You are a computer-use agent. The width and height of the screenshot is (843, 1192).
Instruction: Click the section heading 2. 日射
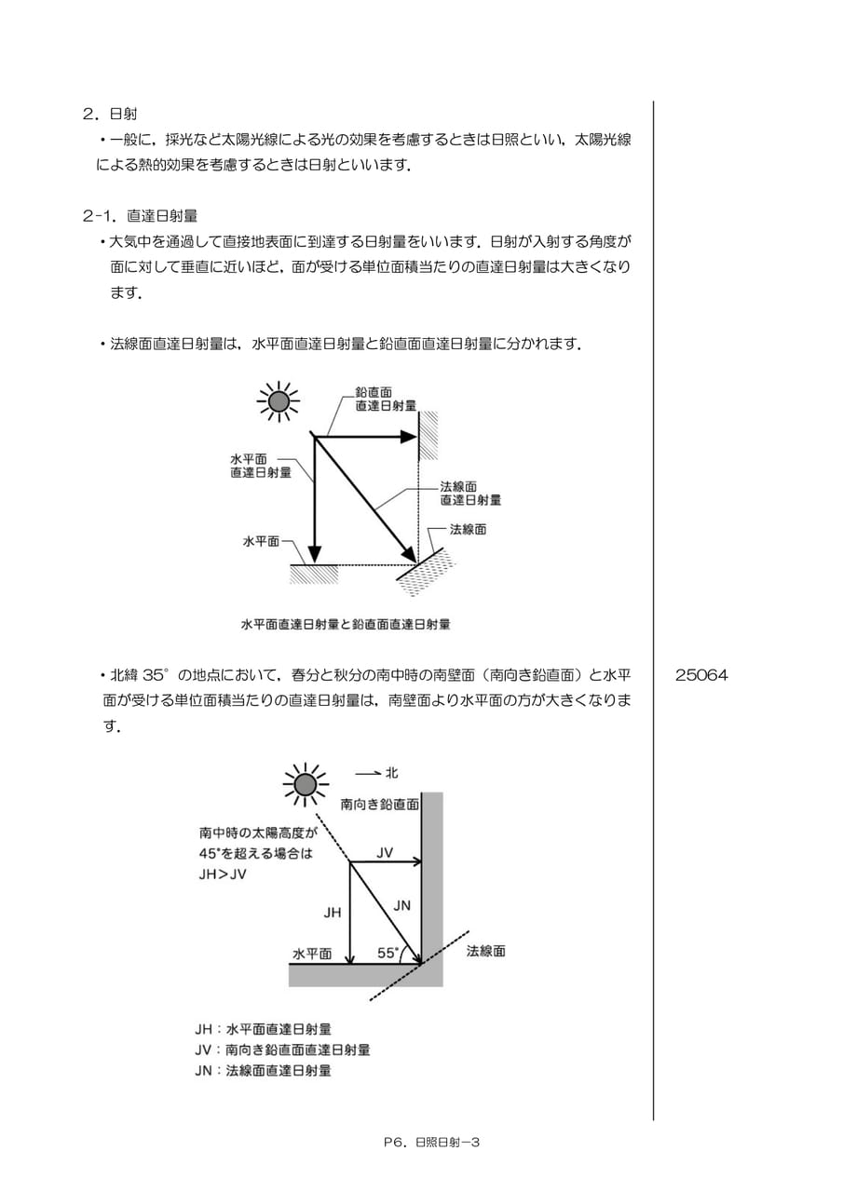pos(110,114)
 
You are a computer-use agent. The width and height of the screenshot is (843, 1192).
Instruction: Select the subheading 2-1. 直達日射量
pos(140,215)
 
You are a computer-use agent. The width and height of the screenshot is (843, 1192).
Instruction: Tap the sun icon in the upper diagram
pos(279,401)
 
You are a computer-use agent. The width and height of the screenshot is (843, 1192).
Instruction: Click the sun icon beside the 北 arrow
pos(306,784)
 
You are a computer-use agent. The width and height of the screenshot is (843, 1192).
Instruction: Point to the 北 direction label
pos(392,773)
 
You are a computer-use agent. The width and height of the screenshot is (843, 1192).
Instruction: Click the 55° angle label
pos(388,953)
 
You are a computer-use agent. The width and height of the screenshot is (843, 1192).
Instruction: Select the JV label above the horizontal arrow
pos(385,852)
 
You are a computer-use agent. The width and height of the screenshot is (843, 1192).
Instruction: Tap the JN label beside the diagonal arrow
pos(401,905)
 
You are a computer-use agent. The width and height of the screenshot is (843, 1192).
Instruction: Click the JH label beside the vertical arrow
pos(333,913)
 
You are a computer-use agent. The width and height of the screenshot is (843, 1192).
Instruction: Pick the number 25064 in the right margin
pos(700,675)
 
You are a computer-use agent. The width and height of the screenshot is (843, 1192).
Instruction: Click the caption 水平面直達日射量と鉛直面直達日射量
pos(346,624)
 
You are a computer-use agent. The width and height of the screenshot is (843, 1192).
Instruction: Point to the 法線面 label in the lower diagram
pos(486,951)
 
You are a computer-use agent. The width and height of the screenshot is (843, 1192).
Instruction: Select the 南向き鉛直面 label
pos(380,819)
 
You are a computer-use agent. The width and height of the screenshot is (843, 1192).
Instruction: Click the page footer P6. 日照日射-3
pos(431,1142)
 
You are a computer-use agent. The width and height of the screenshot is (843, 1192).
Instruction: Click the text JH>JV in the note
pos(223,874)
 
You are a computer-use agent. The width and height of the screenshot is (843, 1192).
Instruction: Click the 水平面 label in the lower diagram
pos(312,954)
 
